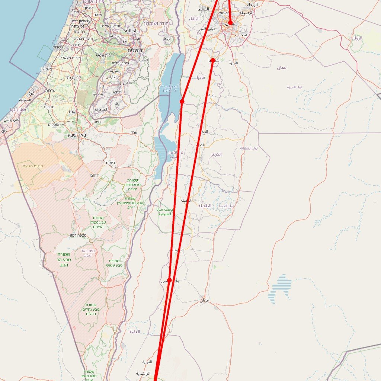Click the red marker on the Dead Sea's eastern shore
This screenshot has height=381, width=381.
tap(182, 102)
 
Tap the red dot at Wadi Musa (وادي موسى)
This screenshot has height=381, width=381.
tap(169, 280)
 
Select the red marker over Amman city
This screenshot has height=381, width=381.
tap(230, 23)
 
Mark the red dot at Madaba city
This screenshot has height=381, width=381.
tap(212, 60)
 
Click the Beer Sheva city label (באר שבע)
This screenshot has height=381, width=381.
tap(77, 135)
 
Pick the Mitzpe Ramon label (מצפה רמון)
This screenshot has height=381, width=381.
tap(78, 236)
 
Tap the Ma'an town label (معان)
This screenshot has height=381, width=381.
tap(204, 300)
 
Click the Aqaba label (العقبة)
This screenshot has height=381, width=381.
tap(135, 332)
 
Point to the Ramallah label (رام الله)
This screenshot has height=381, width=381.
tap(131, 31)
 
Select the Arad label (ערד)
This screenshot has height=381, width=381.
tap(134, 132)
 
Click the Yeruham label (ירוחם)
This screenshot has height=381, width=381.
tap(95, 175)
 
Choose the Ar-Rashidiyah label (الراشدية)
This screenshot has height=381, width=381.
tap(143, 373)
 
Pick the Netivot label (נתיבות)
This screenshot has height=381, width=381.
tap(51, 107)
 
